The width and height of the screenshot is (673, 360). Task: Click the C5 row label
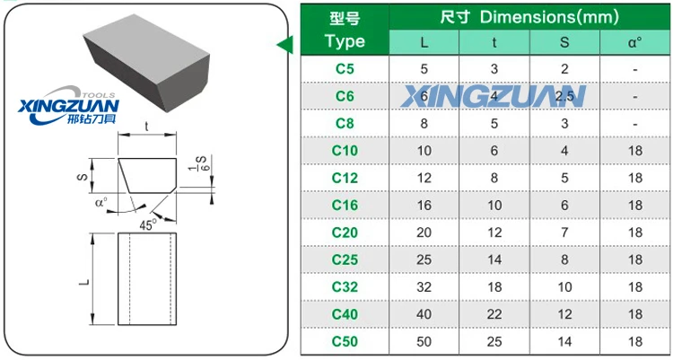345,68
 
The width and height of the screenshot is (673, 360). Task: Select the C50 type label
345,341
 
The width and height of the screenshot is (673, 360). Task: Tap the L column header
424,41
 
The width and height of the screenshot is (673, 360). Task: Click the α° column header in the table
634,41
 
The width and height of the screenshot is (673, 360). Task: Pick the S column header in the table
564,41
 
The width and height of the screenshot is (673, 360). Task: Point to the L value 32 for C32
424,286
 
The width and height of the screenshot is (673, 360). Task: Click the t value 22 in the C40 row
494,314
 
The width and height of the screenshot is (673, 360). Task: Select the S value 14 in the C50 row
564,341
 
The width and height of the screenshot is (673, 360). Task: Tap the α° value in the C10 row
634,150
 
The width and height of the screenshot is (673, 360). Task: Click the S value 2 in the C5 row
564,68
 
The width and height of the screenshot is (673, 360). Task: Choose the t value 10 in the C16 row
494,205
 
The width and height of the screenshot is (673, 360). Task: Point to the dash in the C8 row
634,123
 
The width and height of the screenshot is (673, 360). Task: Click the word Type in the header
345,41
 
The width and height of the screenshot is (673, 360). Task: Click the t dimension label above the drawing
146,127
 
